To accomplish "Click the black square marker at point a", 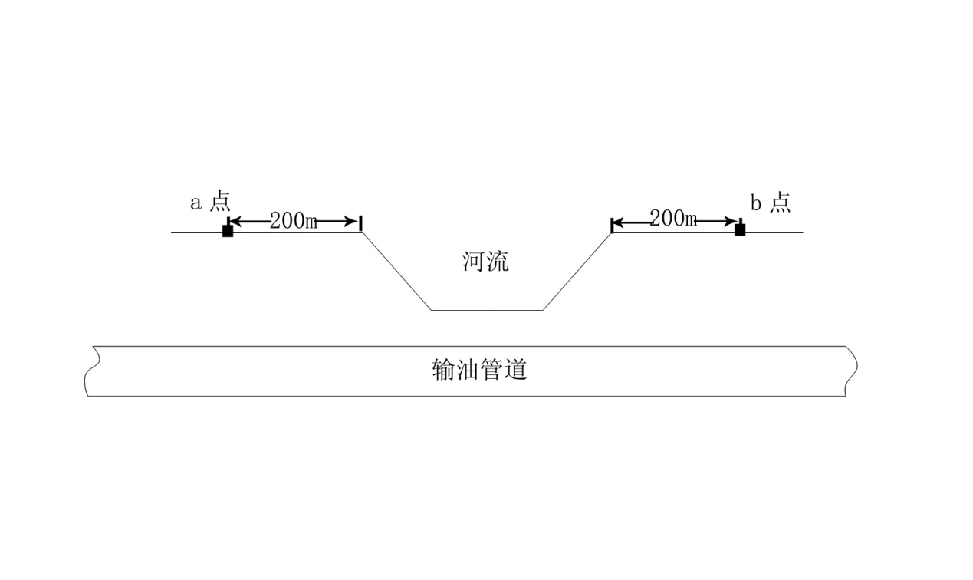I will tap(228, 231).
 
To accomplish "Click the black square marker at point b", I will tap(740, 230).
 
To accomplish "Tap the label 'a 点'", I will tap(209, 203).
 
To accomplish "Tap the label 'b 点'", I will tap(770, 203).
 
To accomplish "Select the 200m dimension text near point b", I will tap(673, 219).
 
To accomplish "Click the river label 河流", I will tap(485, 262).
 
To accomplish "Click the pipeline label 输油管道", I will tap(480, 371).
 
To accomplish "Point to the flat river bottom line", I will tap(487, 310).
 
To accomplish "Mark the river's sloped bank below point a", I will tap(396, 271).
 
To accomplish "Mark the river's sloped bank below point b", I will tap(577, 271).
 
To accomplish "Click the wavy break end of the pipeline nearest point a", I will tap(89, 371).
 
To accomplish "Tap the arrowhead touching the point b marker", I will tap(732, 222).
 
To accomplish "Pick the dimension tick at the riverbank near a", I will tap(360, 222).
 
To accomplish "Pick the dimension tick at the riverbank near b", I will tap(611, 224).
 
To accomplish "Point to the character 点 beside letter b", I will tap(781, 203).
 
